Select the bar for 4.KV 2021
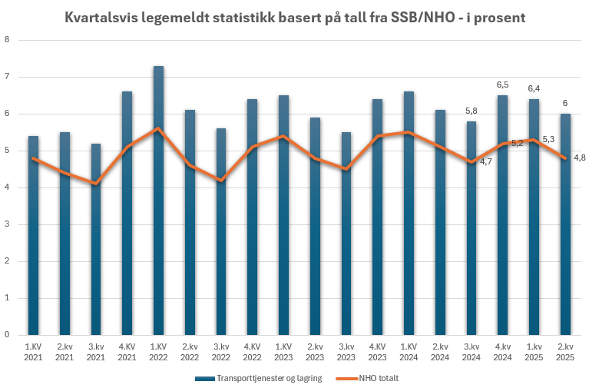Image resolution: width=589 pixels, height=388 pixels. pyautogui.click(x=127, y=213)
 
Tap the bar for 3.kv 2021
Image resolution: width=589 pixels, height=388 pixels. pyautogui.click(x=96, y=239)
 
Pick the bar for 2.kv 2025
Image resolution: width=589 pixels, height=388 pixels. pyautogui.click(x=564, y=224)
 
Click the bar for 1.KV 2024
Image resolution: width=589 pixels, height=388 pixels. pyautogui.click(x=409, y=213)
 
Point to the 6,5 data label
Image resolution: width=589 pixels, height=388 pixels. pyautogui.click(x=503, y=85)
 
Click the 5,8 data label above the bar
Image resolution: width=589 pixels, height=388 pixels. pyautogui.click(x=472, y=111)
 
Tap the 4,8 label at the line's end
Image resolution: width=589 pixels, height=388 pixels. pyautogui.click(x=580, y=158)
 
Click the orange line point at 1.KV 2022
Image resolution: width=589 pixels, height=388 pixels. pyautogui.click(x=158, y=128)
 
